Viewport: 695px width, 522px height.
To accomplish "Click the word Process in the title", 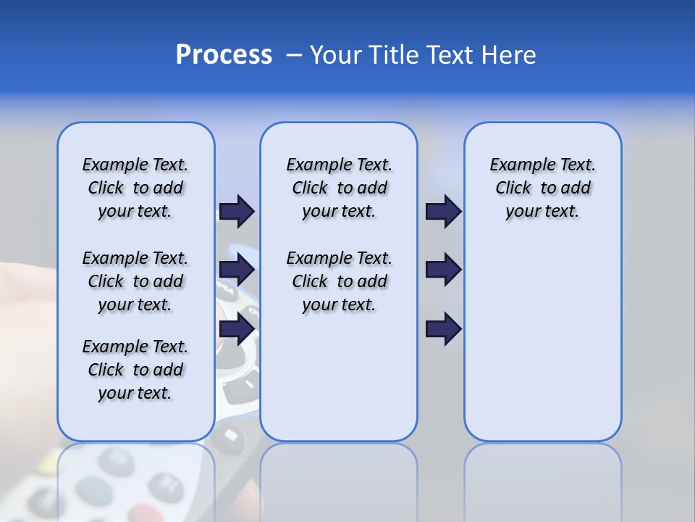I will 224,55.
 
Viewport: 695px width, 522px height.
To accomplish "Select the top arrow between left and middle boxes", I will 237,211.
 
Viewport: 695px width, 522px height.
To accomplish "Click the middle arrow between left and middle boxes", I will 237,270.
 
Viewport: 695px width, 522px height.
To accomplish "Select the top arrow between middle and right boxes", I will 443,211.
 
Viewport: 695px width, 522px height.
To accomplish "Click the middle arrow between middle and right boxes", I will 443,270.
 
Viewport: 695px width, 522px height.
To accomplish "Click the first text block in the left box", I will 135,188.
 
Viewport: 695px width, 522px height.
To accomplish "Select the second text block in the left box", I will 135,281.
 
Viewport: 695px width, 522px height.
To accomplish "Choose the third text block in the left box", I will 135,370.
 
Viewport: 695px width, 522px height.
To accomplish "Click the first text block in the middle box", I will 339,188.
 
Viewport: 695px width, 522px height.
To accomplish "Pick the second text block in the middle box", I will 339,281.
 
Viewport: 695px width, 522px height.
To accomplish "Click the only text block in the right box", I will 542,188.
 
